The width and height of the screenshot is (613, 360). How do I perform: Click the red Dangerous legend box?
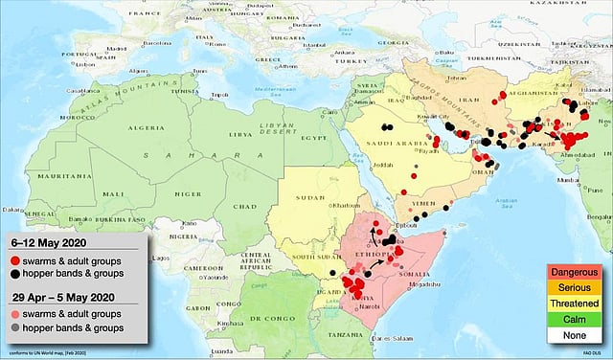[573, 273]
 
